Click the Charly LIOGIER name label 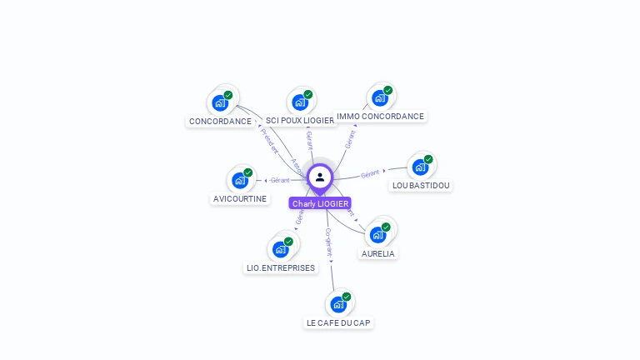pyautogui.click(x=320, y=203)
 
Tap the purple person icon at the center pyautogui.click(x=320, y=177)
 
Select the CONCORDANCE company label pyautogui.click(x=220, y=122)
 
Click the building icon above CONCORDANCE pyautogui.click(x=220, y=102)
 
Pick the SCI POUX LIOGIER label pyautogui.click(x=300, y=121)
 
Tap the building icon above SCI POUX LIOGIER pyautogui.click(x=300, y=102)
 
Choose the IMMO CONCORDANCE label pyautogui.click(x=380, y=117)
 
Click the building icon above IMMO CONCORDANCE pyautogui.click(x=380, y=98)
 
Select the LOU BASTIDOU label pyautogui.click(x=421, y=185)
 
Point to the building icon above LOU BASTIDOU pyautogui.click(x=421, y=167)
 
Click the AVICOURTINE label pyautogui.click(x=240, y=199)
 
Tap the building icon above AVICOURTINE pyautogui.click(x=240, y=180)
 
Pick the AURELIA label pyautogui.click(x=378, y=253)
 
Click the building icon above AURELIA pyautogui.click(x=378, y=234)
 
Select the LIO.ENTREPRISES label pyautogui.click(x=281, y=268)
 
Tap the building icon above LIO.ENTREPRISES pyautogui.click(x=281, y=249)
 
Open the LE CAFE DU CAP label pyautogui.click(x=338, y=322)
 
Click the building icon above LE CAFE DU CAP pyautogui.click(x=338, y=303)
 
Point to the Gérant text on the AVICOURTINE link pyautogui.click(x=280, y=180)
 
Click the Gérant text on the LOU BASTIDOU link pyautogui.click(x=370, y=173)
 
